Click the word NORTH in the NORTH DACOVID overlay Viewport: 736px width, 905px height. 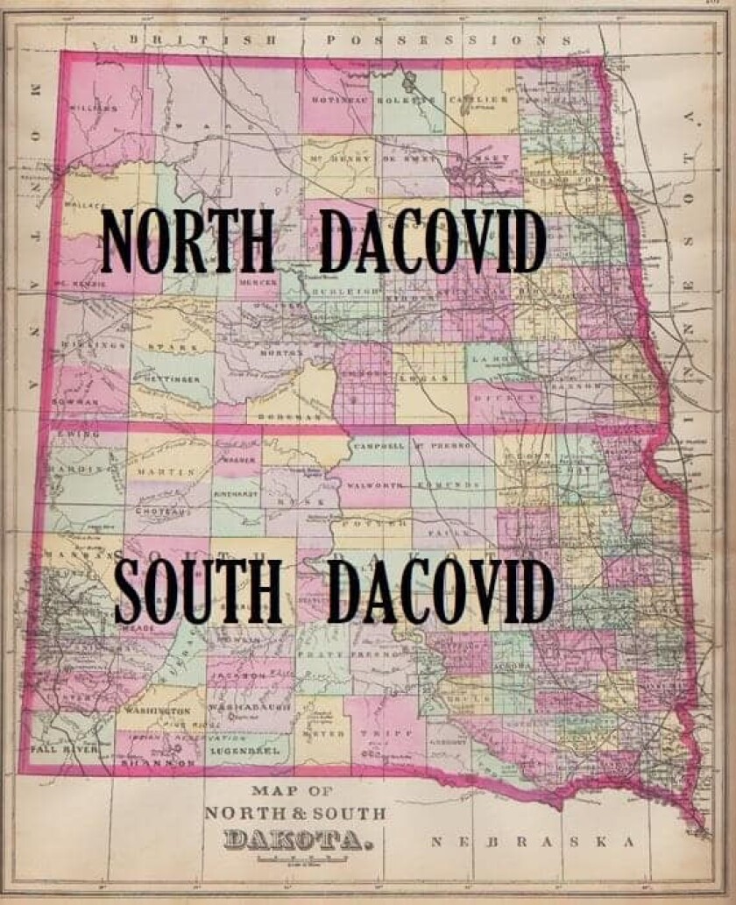pyautogui.click(x=188, y=241)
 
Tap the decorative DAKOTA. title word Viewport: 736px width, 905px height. pyautogui.click(x=294, y=842)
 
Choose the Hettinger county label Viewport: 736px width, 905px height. pyautogui.click(x=167, y=379)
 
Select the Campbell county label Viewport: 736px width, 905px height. pyautogui.click(x=379, y=446)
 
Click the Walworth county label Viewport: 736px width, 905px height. pyautogui.click(x=375, y=484)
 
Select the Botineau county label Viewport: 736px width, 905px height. pyautogui.click(x=340, y=100)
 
